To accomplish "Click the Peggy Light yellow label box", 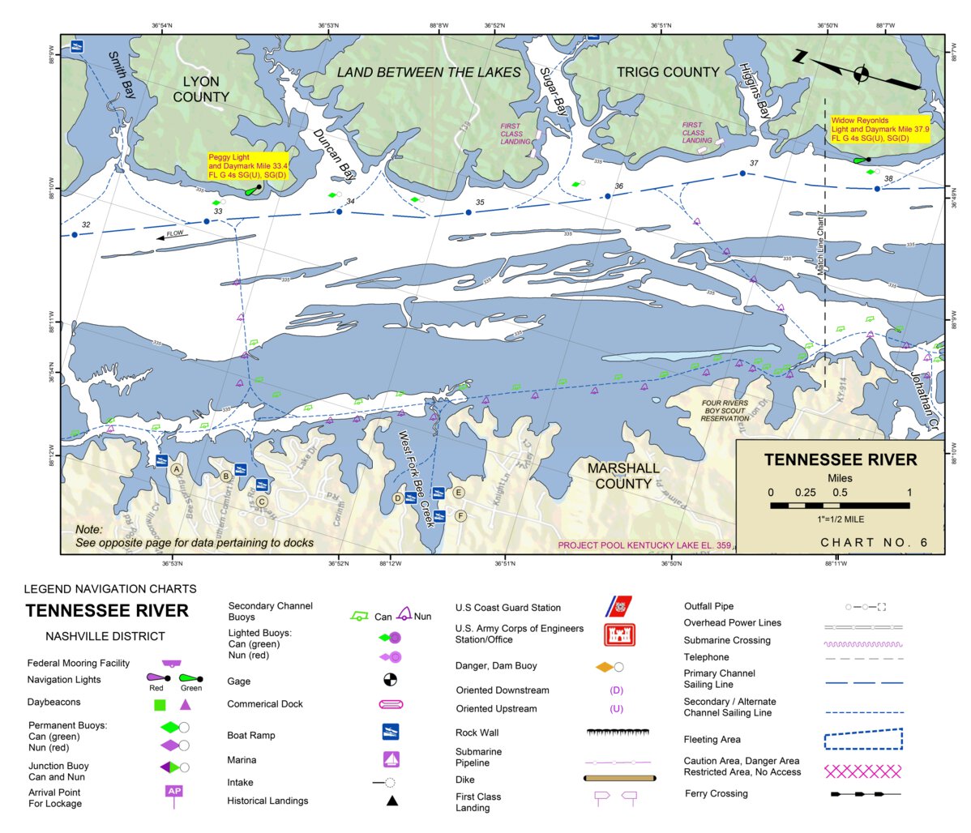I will [248, 165].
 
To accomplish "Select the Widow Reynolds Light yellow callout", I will [879, 130].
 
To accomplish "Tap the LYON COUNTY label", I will [201, 89].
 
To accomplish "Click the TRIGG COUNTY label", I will [668, 72].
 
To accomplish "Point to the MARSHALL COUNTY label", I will [623, 476].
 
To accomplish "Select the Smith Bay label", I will [122, 75].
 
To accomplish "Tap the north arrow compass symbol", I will [861, 75].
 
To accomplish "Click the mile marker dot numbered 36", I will [608, 196].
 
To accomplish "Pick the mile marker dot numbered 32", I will [75, 235].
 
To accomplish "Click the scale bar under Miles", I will [840, 506].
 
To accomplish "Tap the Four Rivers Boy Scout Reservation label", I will [725, 410].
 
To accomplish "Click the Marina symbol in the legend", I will [391, 759].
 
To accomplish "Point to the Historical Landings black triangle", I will [391, 801].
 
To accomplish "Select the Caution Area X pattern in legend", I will [862, 770].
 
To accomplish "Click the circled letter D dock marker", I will [398, 498].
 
